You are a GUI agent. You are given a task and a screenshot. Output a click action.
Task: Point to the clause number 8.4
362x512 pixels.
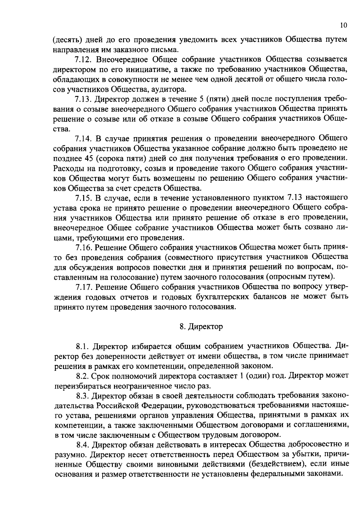point(83,444)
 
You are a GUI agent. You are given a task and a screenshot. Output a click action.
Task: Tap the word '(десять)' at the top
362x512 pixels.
point(66,40)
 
